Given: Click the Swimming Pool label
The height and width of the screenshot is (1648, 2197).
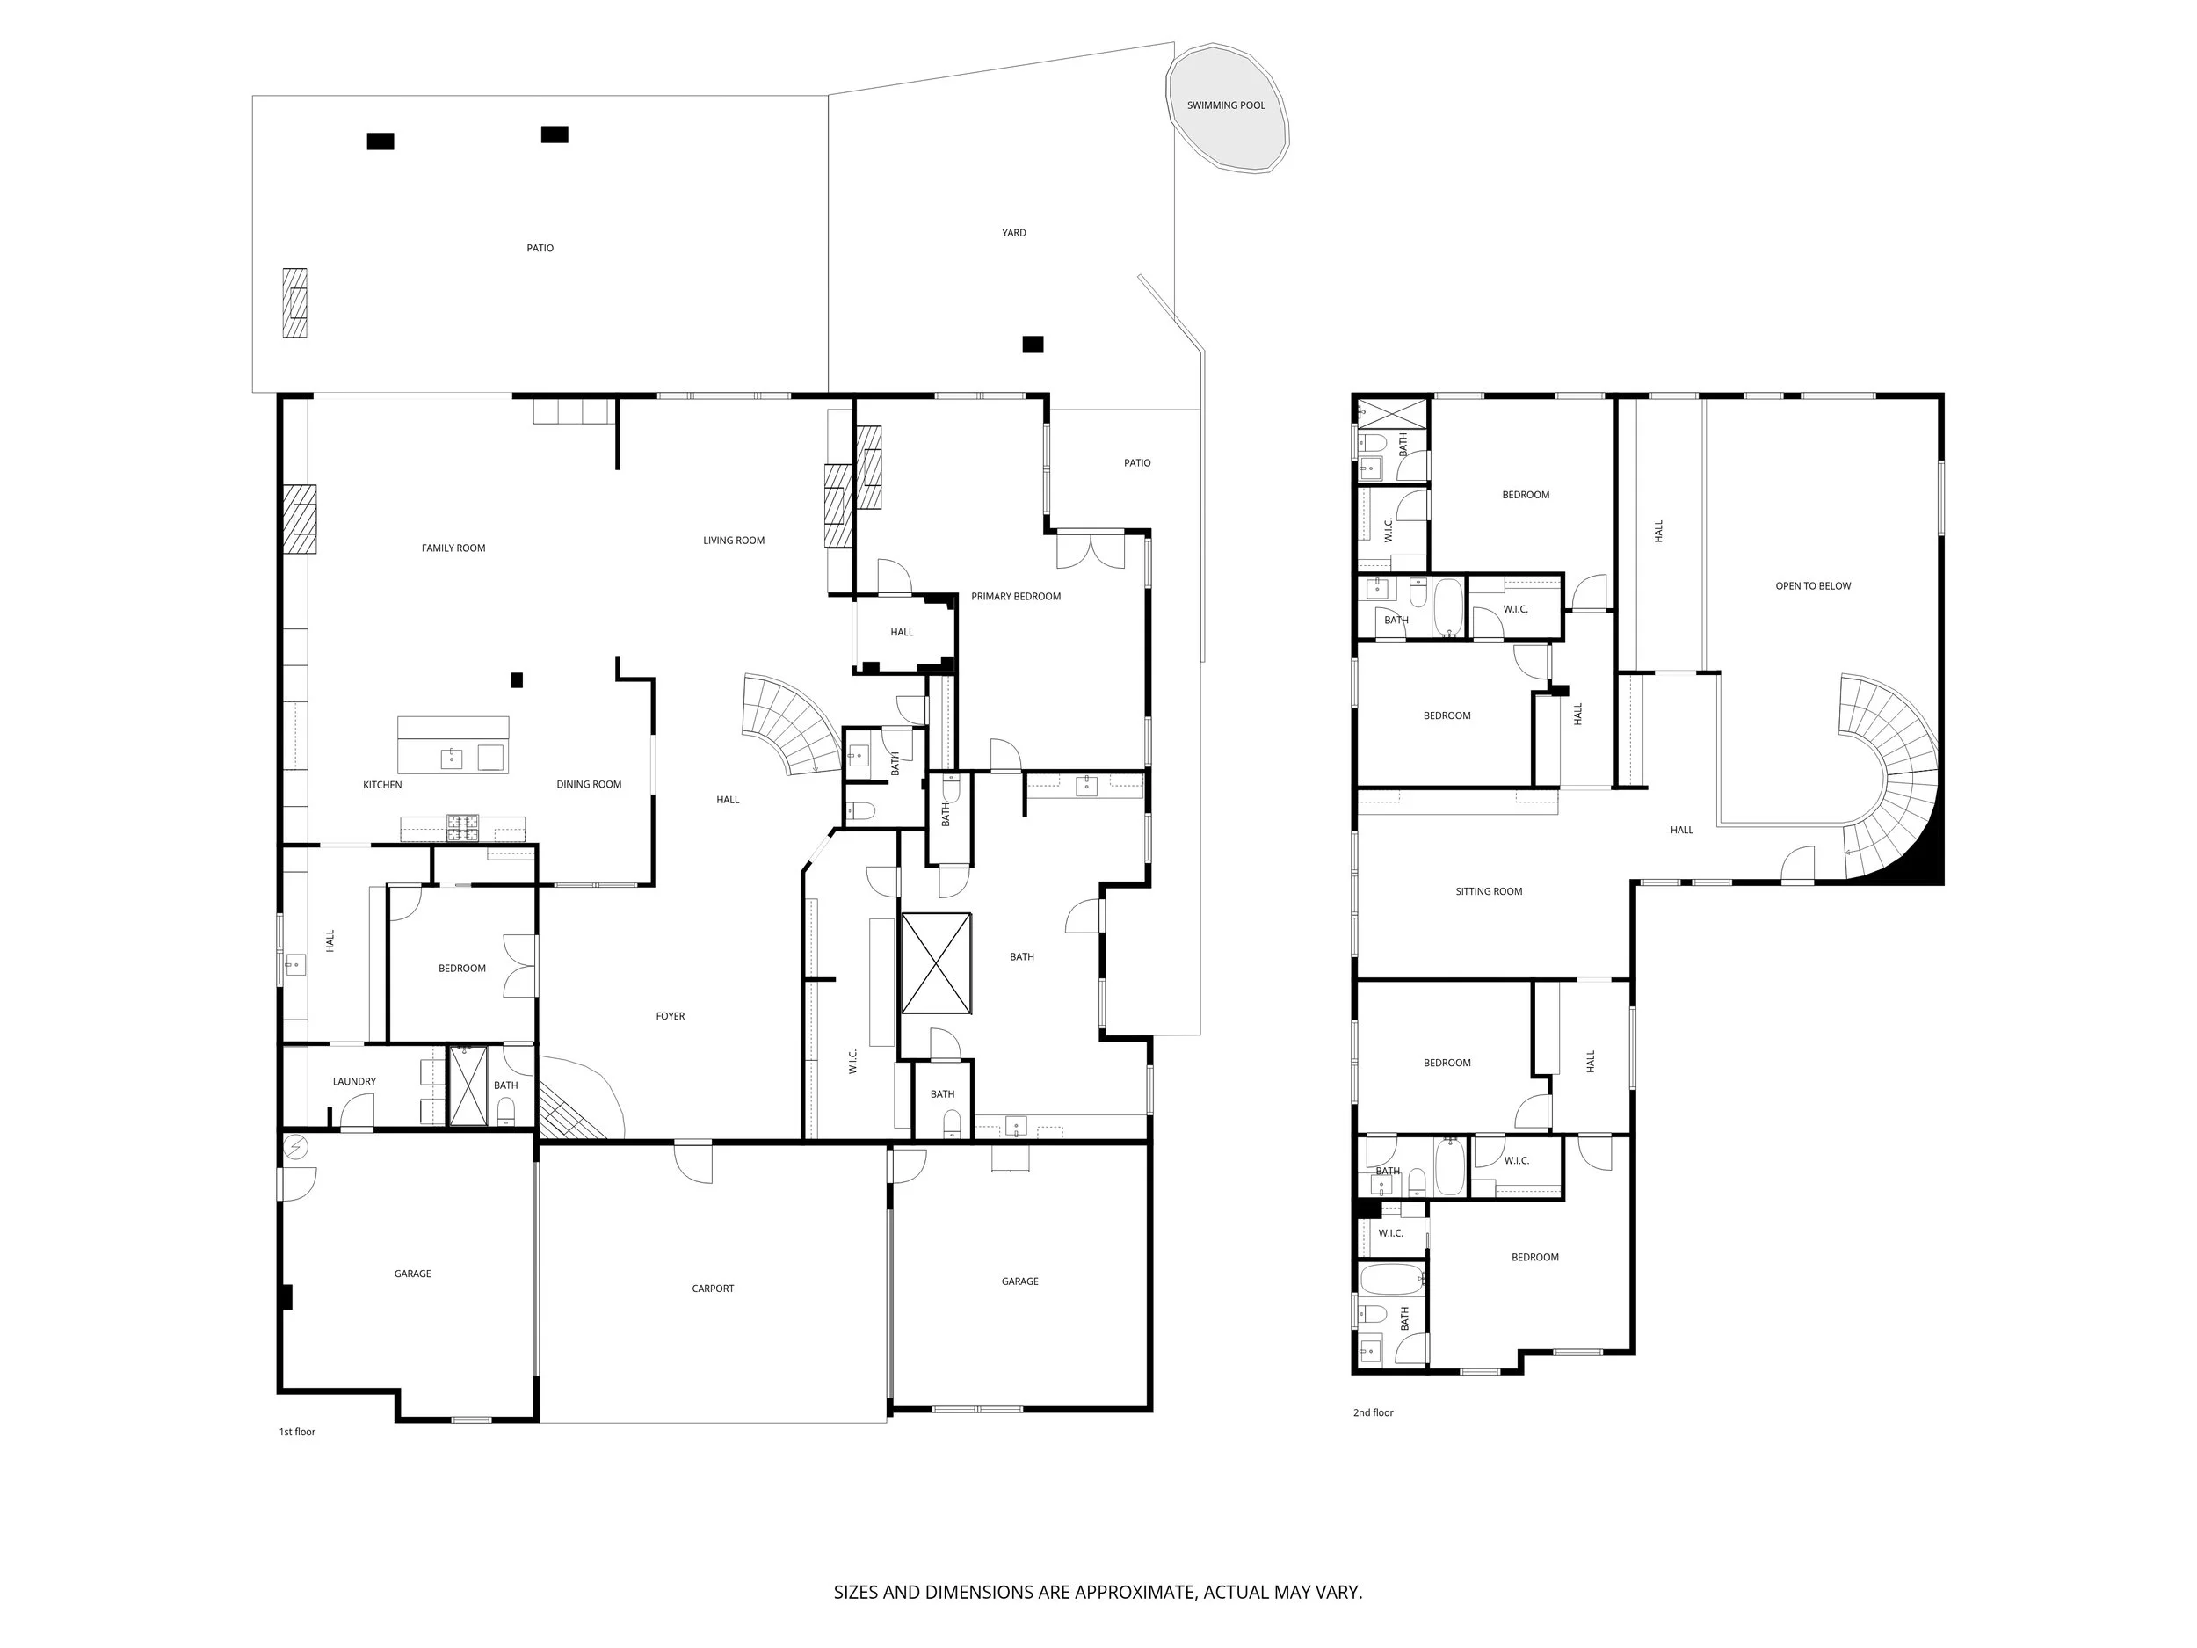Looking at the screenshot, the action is [x=1226, y=105].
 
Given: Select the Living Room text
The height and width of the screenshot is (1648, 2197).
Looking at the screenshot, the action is [x=734, y=541].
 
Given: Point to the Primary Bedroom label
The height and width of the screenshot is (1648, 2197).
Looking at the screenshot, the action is [x=1016, y=597].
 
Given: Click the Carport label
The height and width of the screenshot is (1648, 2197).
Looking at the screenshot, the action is [x=713, y=1289].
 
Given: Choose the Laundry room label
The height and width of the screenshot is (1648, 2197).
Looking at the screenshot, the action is [x=354, y=1082].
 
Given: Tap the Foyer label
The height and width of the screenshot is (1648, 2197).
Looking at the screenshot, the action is [x=671, y=1016].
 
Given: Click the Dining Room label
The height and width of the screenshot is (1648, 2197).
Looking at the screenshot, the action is [x=589, y=785].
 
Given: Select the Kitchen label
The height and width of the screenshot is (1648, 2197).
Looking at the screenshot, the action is [x=382, y=786].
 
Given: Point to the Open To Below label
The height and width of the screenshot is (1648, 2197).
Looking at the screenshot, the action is [x=1814, y=586].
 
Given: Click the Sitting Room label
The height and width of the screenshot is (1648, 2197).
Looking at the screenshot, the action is [x=1489, y=892].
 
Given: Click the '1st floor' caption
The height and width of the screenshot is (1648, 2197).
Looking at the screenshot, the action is [x=297, y=1433].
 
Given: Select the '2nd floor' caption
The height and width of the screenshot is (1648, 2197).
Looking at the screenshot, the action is [x=1374, y=1412].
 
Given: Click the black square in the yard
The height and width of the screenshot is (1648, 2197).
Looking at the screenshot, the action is [x=1033, y=345].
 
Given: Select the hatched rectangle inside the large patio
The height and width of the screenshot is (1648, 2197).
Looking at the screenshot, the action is [x=294, y=303].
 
